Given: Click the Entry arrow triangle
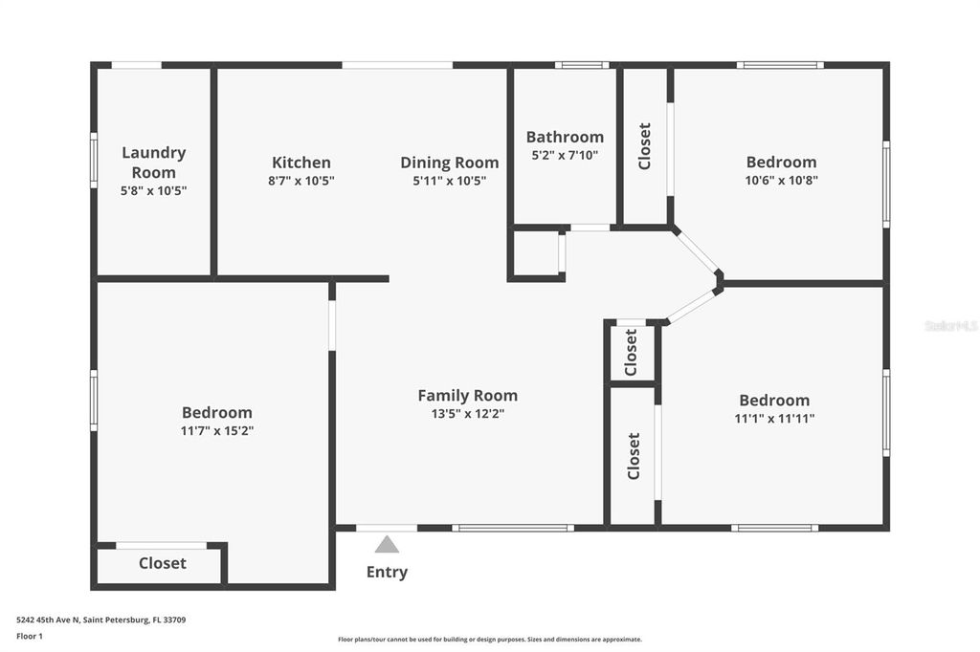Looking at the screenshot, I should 387,545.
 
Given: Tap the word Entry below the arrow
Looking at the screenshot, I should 387,573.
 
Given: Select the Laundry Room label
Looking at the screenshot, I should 154,163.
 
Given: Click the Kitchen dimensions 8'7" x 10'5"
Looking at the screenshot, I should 301,181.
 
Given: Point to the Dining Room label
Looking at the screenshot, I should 450,163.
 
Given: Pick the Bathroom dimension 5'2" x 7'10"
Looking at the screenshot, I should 565,155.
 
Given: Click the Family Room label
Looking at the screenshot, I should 468,395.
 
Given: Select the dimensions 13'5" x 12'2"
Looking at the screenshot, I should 468,414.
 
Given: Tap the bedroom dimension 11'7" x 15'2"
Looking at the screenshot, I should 217,431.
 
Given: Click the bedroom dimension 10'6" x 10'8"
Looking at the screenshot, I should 782,180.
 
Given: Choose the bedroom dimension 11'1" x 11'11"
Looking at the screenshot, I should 774,418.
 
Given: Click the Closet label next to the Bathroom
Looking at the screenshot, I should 645,146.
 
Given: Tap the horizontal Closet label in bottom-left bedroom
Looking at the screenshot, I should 163,563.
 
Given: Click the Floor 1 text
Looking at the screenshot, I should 30,635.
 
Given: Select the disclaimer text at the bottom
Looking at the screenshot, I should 489,640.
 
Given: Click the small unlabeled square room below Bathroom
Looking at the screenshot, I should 536,253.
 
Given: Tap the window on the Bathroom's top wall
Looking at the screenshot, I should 581,65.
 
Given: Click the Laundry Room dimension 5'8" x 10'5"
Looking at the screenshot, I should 154,190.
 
